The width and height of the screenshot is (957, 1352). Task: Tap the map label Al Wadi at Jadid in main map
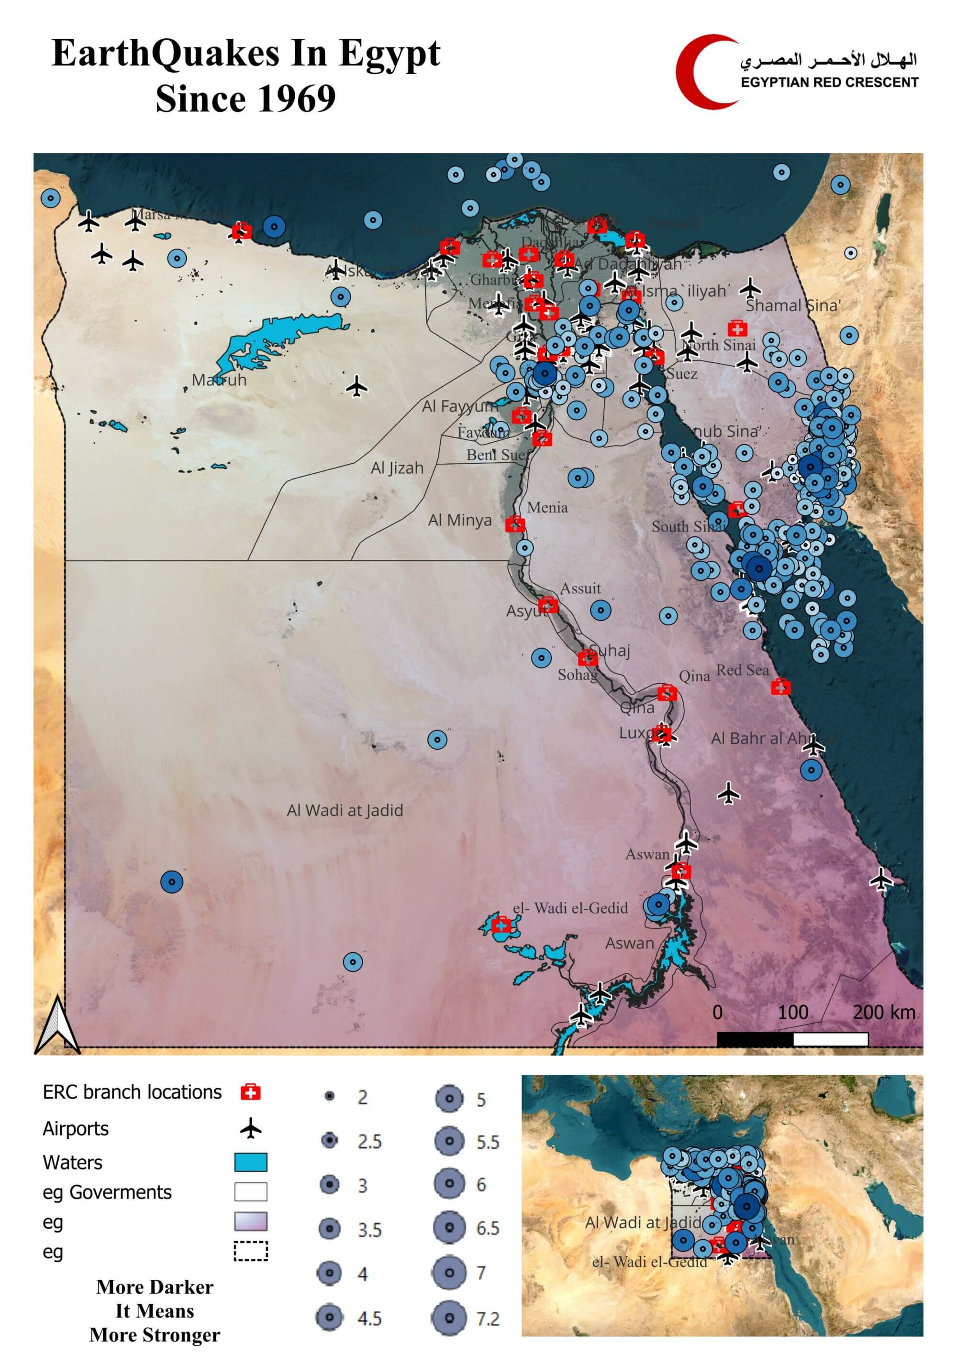345,811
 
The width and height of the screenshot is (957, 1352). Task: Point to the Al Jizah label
397,468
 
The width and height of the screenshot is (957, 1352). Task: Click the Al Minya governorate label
460,521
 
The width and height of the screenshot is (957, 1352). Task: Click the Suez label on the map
682,374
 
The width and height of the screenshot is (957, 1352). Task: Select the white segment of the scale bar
830,1039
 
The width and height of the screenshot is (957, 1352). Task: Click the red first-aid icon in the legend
250,1092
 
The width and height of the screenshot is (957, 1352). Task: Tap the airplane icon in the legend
250,1129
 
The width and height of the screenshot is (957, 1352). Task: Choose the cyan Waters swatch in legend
250,1162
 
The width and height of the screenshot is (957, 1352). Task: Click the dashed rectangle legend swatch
250,1251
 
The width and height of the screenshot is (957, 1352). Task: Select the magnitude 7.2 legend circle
449,1319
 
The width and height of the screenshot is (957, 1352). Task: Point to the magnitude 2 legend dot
330,1096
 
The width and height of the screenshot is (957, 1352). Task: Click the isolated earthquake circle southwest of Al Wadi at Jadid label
171,882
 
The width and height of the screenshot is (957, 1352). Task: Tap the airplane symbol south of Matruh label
356,387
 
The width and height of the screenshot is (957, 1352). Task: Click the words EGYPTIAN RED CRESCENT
829,82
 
